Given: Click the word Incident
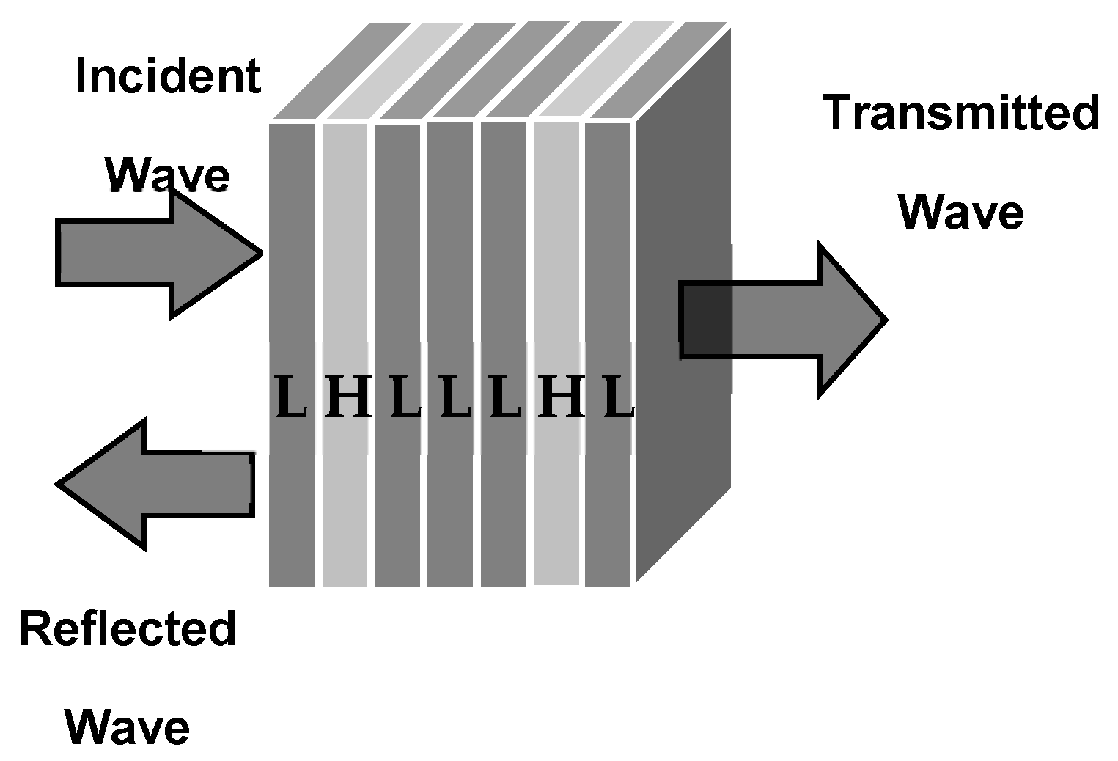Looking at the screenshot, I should (x=168, y=77).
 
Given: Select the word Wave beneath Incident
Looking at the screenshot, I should (x=167, y=175).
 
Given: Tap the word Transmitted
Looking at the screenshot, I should (x=960, y=114).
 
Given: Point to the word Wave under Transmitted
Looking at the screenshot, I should (x=960, y=212).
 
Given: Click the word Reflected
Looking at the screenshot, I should (x=128, y=629).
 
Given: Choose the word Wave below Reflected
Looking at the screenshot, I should (x=127, y=727).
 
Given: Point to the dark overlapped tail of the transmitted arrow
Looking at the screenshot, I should (x=706, y=320).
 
